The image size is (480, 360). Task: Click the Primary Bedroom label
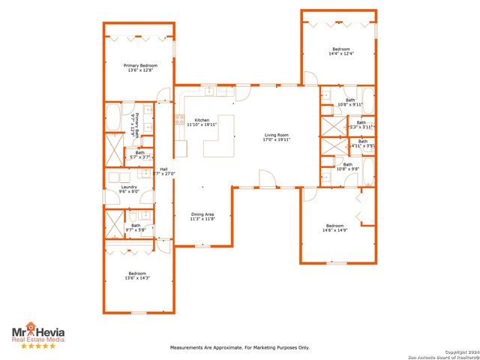(141, 65)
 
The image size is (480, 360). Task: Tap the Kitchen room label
(202, 120)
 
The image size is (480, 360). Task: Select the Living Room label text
(276, 135)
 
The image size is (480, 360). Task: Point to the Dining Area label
(202, 214)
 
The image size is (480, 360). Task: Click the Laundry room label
(129, 187)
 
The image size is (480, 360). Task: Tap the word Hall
(163, 169)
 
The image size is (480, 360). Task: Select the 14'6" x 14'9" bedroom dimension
(336, 230)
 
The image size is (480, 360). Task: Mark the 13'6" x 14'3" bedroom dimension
(137, 278)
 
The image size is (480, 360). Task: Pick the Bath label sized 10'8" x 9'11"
(350, 104)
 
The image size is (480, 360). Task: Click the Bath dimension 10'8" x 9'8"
(349, 169)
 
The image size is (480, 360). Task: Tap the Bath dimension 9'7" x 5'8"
(136, 229)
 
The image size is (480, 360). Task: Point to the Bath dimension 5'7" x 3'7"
(140, 157)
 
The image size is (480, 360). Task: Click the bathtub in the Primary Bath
(113, 118)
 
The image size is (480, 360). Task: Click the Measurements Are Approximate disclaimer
(240, 347)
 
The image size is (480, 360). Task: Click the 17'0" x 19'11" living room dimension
(276, 139)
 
